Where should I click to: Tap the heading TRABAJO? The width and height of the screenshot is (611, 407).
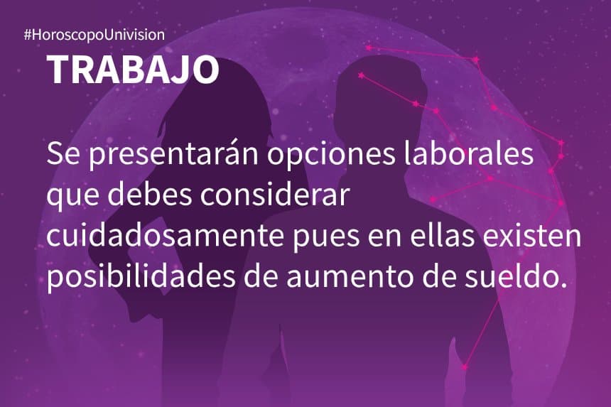[133, 69]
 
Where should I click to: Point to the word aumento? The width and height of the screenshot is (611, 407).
[342, 277]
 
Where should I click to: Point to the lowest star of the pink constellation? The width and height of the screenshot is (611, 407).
[465, 367]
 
